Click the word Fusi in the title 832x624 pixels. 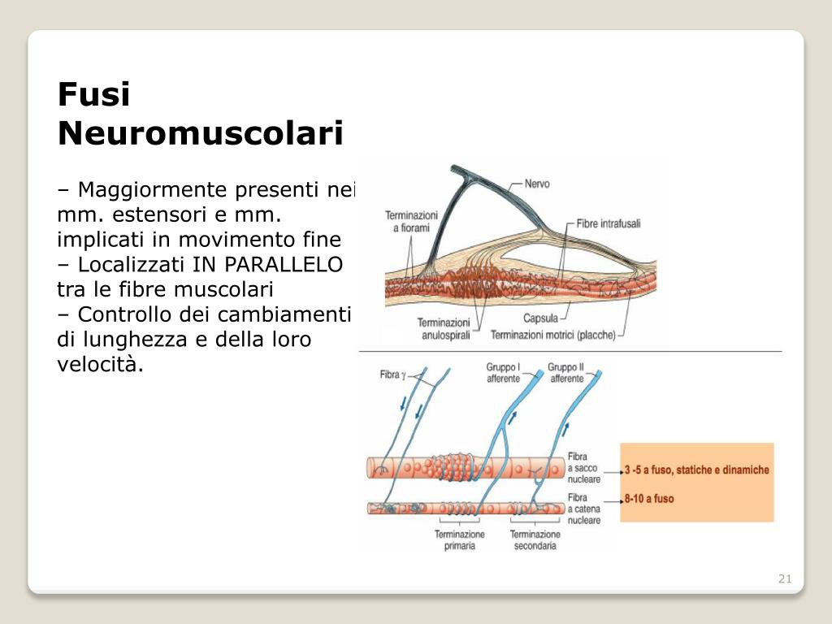click(94, 95)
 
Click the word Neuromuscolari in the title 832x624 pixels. click(201, 133)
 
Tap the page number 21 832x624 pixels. click(785, 578)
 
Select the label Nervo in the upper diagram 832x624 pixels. click(537, 184)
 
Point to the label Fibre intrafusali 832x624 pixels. click(609, 223)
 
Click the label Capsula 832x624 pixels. click(540, 318)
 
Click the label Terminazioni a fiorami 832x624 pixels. click(411, 222)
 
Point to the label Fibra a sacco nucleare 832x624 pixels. click(584, 468)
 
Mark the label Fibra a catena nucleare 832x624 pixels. click(584, 509)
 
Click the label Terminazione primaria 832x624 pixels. click(459, 540)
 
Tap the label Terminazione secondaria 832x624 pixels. click(535, 540)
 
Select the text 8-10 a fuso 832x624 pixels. click(649, 498)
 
